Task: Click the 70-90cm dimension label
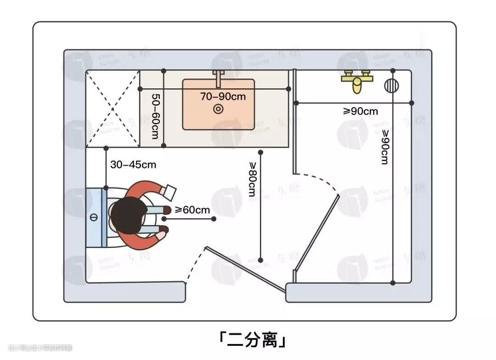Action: (x=223, y=96)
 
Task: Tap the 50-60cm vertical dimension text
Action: (x=155, y=117)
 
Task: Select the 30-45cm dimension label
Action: (x=133, y=164)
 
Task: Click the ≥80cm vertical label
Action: (x=252, y=179)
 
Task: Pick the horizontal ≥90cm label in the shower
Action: (x=361, y=111)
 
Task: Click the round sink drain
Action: (x=219, y=109)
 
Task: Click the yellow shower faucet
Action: (x=357, y=80)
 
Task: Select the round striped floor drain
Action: (x=392, y=85)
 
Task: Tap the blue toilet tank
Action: (x=96, y=217)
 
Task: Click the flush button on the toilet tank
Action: (x=94, y=217)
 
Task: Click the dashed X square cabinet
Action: (x=113, y=109)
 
